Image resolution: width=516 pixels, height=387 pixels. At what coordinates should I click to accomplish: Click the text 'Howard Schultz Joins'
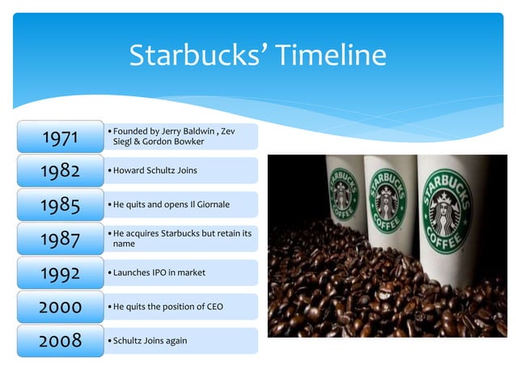pos(154,171)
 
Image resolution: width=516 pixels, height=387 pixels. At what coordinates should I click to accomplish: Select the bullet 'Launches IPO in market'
pos(159,273)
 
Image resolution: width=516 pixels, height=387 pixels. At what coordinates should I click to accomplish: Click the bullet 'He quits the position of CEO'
pos(167,307)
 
